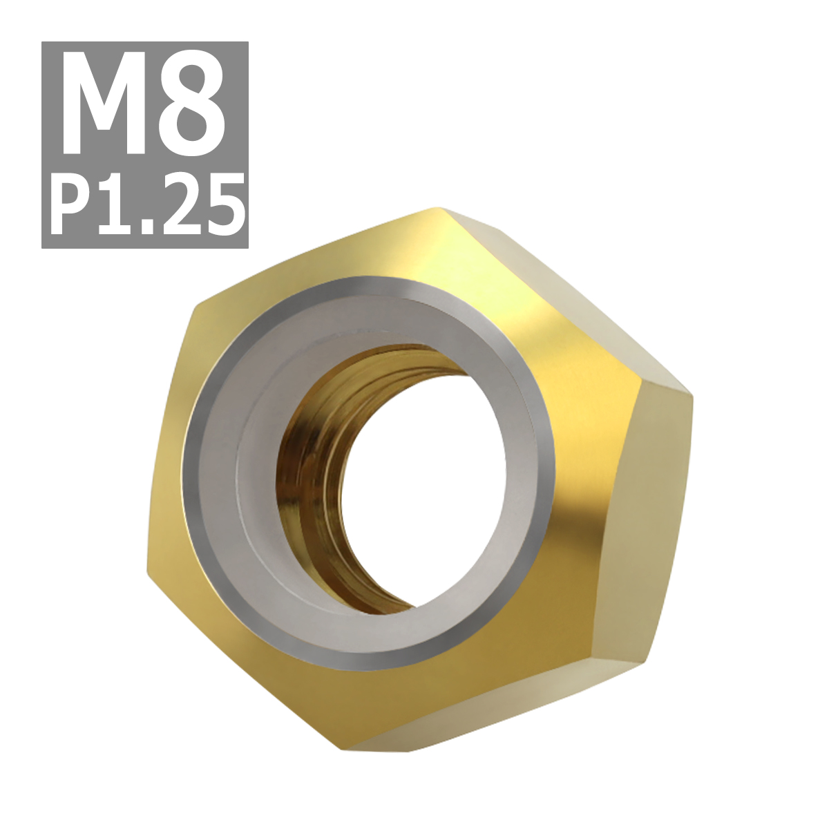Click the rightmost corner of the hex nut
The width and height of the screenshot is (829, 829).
[x=692, y=394]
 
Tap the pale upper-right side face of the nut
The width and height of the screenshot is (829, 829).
[x=566, y=290]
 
